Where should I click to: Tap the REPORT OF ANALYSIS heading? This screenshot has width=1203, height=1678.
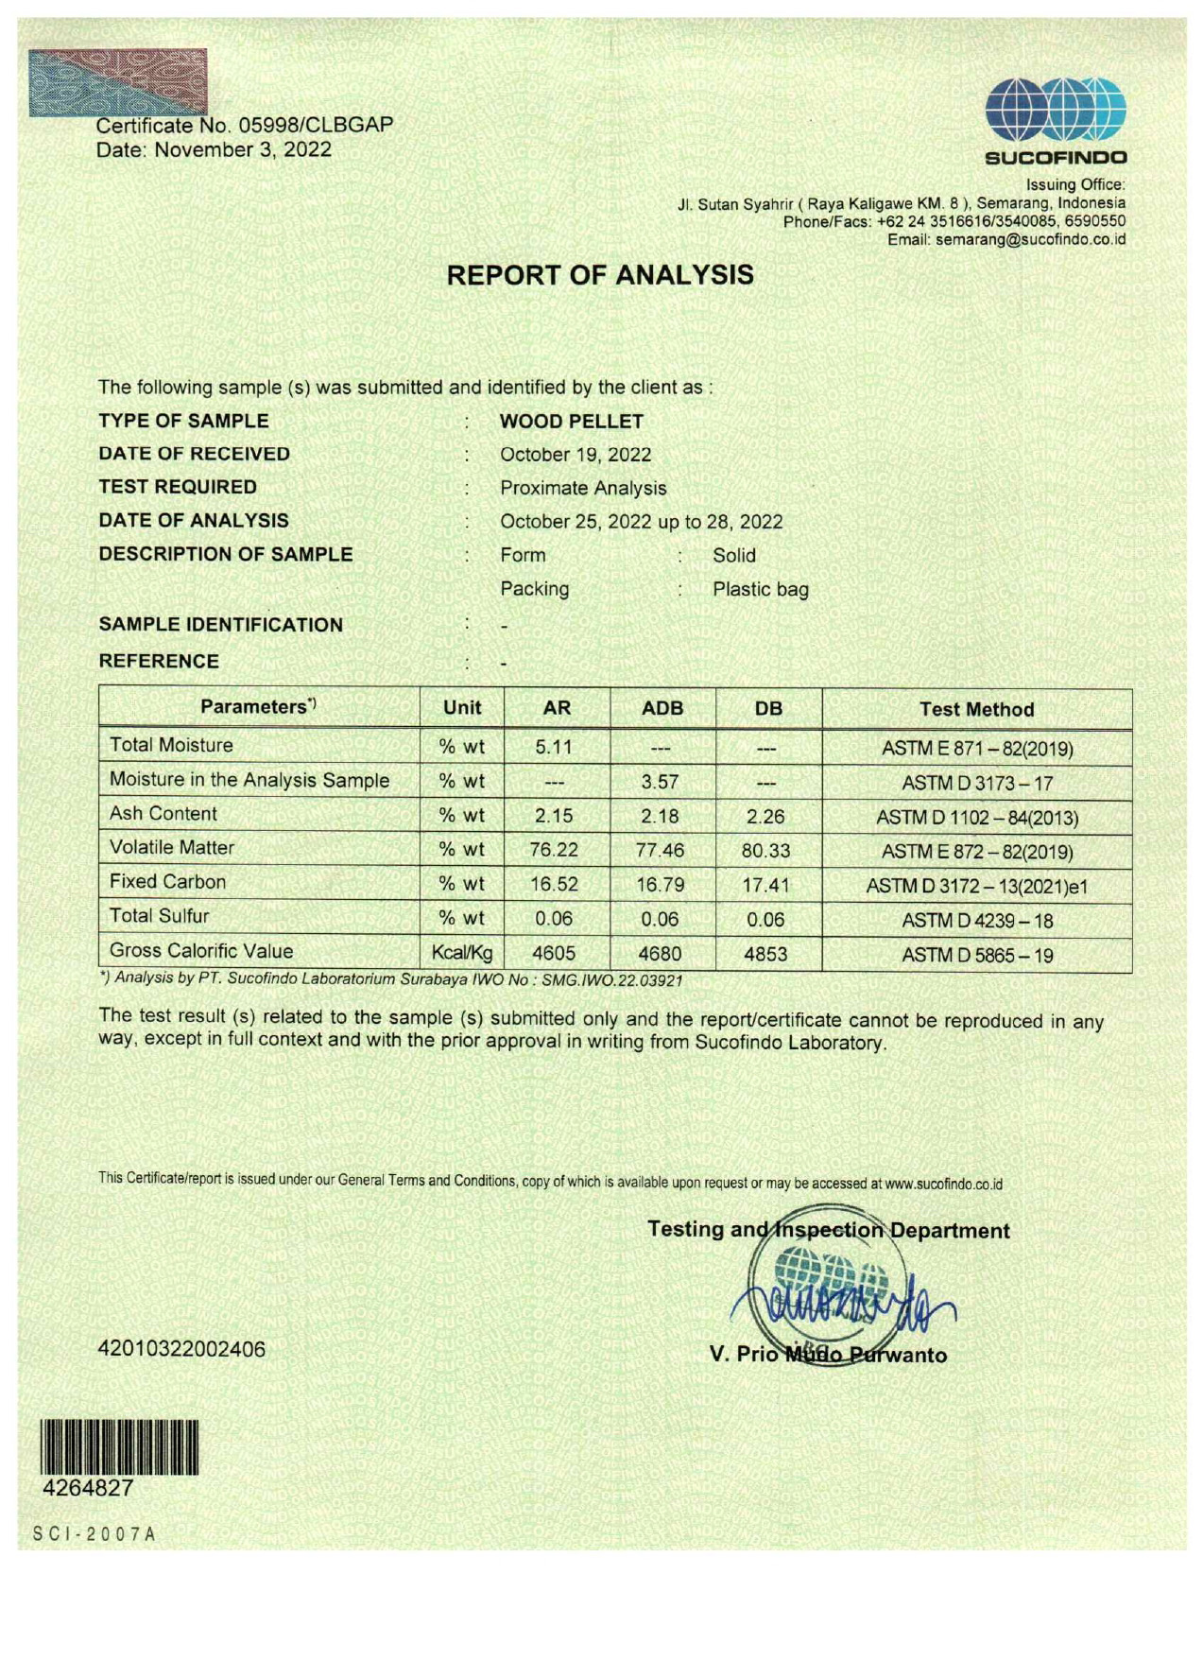tap(600, 275)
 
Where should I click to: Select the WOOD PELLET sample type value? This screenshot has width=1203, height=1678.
tap(571, 422)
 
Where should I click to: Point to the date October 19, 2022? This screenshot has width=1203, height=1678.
tap(576, 455)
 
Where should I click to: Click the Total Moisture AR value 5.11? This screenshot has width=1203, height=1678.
tap(555, 747)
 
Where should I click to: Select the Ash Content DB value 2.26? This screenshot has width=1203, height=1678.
tap(765, 816)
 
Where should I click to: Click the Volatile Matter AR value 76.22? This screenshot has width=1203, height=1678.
tap(554, 850)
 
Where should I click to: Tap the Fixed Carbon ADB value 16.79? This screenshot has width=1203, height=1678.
tap(660, 885)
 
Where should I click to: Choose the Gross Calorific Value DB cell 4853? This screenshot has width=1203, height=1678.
tap(765, 954)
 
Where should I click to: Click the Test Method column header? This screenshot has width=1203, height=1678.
tap(976, 709)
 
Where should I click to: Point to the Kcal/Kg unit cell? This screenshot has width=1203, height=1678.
tap(462, 953)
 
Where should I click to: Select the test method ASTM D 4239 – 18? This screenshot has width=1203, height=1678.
tap(976, 920)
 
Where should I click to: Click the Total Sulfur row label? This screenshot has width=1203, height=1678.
tap(160, 915)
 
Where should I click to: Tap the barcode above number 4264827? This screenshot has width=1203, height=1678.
tap(118, 1447)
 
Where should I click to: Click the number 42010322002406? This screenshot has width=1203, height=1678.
tap(181, 1349)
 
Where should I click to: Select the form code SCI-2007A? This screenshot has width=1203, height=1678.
tap(94, 1533)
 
